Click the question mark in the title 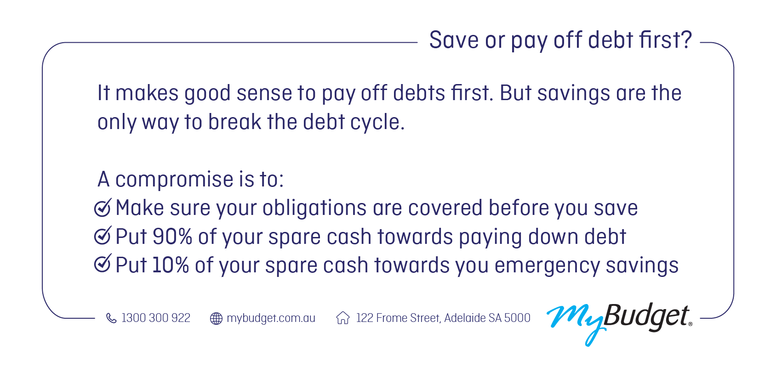(x=687, y=40)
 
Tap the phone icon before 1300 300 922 (x=111, y=318)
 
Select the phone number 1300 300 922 (x=156, y=318)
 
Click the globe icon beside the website (x=216, y=318)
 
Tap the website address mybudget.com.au (x=271, y=318)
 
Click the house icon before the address (x=343, y=318)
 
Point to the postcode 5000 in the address (x=517, y=318)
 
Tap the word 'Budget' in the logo (x=646, y=316)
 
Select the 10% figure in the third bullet (x=171, y=265)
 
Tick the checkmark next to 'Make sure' (x=103, y=208)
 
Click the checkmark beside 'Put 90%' (x=103, y=236)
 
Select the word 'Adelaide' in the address (x=465, y=318)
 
